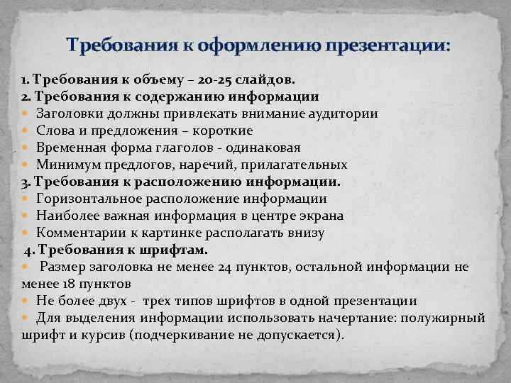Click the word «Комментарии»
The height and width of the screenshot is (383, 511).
[77, 233]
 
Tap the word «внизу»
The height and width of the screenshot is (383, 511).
[304, 233]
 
